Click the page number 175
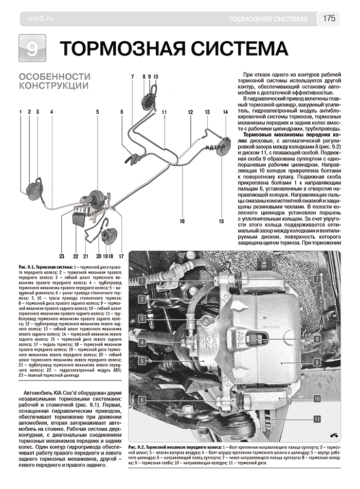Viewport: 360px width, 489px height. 329,19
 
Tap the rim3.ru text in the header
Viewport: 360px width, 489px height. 37,19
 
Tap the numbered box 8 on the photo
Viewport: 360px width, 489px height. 318,339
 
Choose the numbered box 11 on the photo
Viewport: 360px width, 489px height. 318,420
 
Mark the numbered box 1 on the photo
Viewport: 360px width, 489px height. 140,280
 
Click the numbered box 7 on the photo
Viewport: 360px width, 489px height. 318,278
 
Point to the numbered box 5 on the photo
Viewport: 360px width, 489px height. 140,361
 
